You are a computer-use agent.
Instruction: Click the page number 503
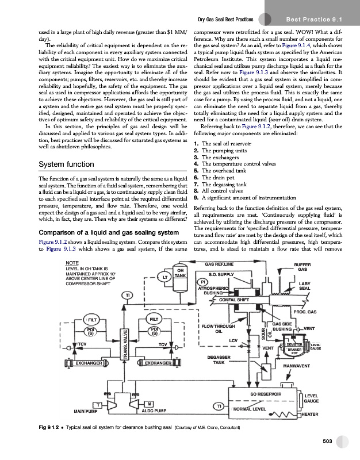pos(328,440)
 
